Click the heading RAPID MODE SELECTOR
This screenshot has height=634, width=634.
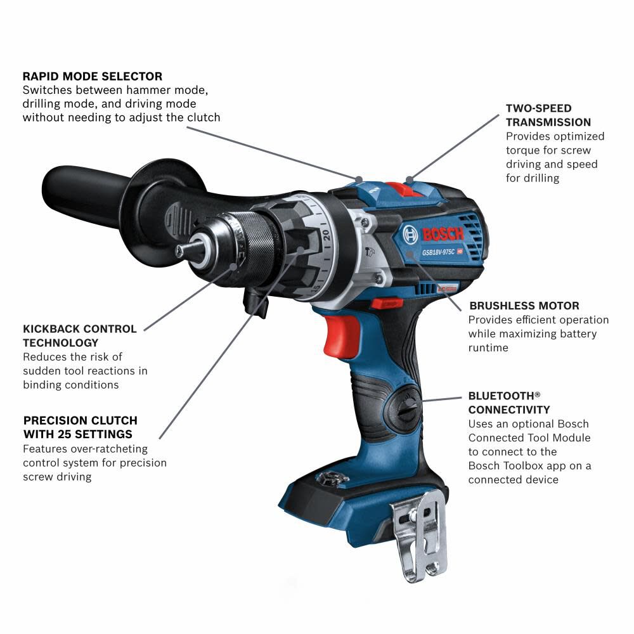click(x=93, y=76)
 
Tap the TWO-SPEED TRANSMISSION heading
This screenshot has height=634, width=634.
click(x=548, y=115)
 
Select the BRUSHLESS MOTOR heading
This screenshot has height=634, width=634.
click(x=524, y=306)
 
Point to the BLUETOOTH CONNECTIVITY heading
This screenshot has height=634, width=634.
click(x=509, y=402)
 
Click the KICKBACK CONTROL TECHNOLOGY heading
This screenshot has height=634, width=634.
click(x=80, y=336)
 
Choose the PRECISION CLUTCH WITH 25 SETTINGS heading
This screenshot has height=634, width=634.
click(x=80, y=427)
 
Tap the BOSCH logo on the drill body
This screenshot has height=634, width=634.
click(x=434, y=234)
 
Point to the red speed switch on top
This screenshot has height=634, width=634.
click(x=398, y=188)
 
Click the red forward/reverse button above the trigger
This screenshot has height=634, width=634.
click(x=386, y=303)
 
